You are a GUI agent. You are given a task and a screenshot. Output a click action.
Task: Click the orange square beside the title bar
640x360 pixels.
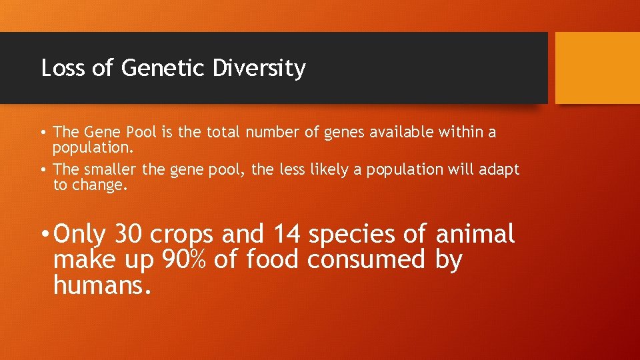click(x=597, y=68)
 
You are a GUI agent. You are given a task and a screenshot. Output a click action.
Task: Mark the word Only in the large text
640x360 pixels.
click(x=80, y=234)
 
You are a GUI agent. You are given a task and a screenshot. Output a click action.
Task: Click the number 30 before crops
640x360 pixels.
click(x=129, y=234)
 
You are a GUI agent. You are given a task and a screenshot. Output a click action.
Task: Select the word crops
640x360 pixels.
click(x=183, y=235)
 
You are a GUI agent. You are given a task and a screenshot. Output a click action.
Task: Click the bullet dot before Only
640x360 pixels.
click(x=43, y=235)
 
